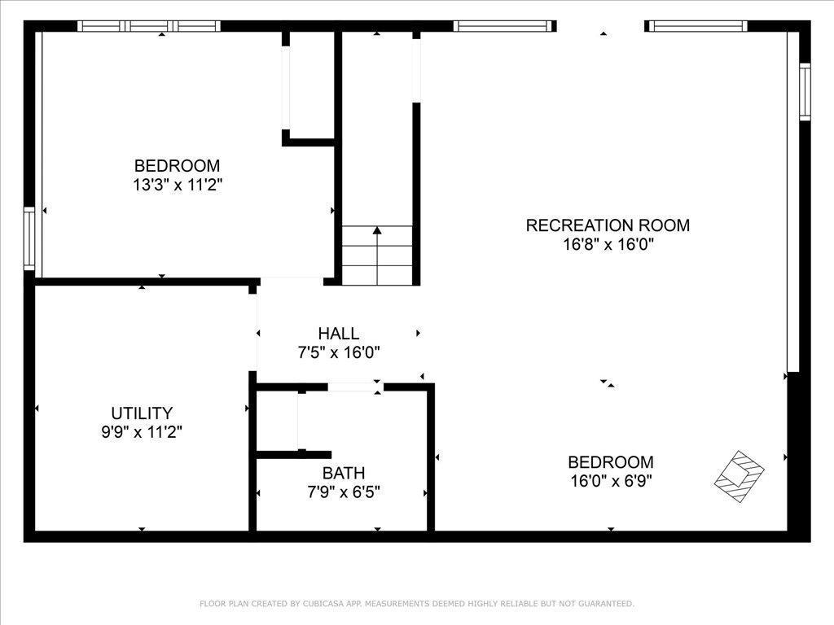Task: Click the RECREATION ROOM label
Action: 608,225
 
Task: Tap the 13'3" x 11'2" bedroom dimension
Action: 177,185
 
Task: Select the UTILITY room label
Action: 142,413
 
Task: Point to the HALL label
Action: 338,333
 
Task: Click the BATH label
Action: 344,473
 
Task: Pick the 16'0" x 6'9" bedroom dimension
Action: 611,481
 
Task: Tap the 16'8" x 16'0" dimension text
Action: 608,244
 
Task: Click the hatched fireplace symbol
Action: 739,476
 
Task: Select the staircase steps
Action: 377,256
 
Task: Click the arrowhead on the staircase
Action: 377,230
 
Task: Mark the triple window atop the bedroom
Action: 149,26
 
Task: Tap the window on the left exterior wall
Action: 29,238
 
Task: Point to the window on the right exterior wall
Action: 805,91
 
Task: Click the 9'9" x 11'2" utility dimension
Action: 142,432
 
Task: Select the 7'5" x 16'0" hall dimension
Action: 339,352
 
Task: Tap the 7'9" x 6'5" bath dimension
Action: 344,492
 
